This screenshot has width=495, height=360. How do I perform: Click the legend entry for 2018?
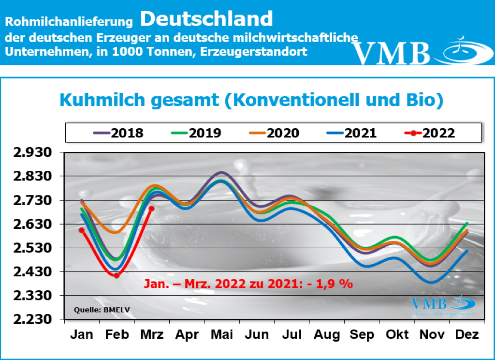(x=118, y=133)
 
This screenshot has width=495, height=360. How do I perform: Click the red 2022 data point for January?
(x=82, y=230)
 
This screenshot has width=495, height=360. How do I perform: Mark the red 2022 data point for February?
(x=116, y=275)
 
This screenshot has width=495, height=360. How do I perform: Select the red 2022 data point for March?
(x=151, y=209)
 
